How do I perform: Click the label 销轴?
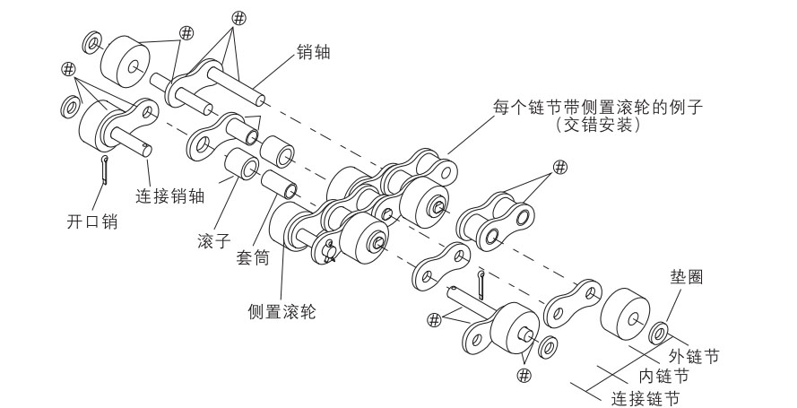coord(313,53)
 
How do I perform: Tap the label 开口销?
coord(92,221)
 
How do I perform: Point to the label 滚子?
coord(214,242)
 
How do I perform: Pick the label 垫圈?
coord(685,277)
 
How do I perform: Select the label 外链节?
coord(694,355)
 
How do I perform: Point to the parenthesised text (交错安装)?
coord(597,126)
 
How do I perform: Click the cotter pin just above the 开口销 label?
coord(106,169)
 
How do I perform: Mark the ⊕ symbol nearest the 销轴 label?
coord(238,18)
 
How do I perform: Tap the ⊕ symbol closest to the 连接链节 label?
coord(524,373)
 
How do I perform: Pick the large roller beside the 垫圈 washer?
coord(625,317)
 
